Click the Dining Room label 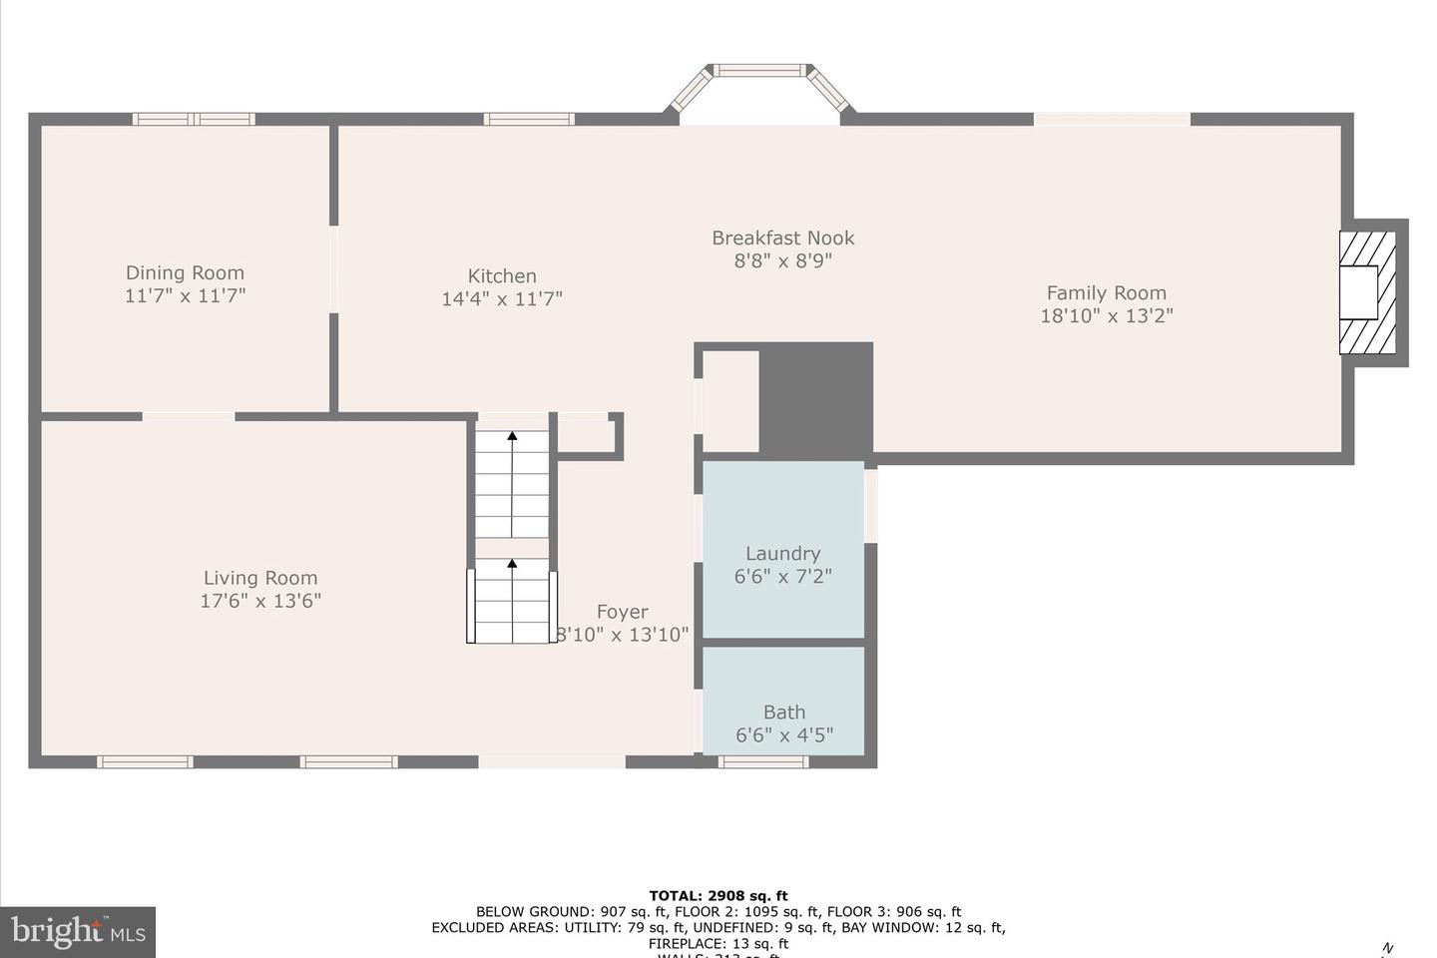pyautogui.click(x=185, y=272)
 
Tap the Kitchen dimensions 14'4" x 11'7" pyautogui.click(x=502, y=298)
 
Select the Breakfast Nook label pyautogui.click(x=782, y=238)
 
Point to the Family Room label pyautogui.click(x=1106, y=292)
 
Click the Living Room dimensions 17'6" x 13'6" pyautogui.click(x=260, y=601)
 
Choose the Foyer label pyautogui.click(x=622, y=612)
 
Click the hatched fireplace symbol pyautogui.click(x=1367, y=292)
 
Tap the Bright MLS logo pyautogui.click(x=78, y=932)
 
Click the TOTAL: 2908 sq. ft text pyautogui.click(x=718, y=895)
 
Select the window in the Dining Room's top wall pyautogui.click(x=194, y=119)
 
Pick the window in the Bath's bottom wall pyautogui.click(x=763, y=761)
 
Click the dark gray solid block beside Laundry pyautogui.click(x=815, y=399)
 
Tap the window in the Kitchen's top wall pyautogui.click(x=529, y=119)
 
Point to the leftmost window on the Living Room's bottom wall pyautogui.click(x=145, y=761)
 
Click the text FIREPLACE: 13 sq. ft pyautogui.click(x=718, y=943)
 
